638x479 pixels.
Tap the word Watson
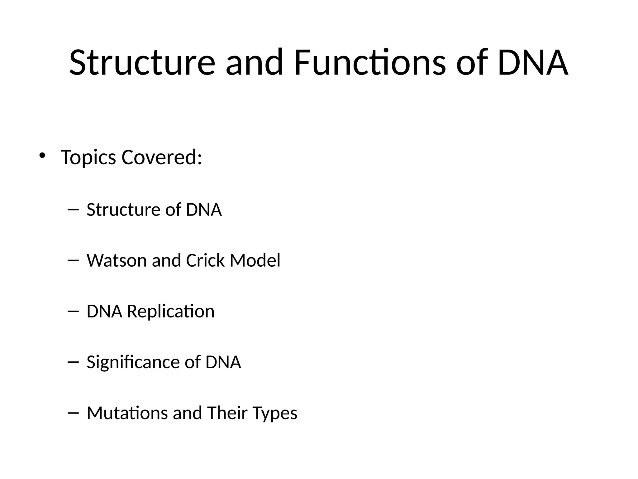(117, 260)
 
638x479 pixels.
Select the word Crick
(205, 260)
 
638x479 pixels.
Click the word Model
(255, 260)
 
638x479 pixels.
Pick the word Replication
(171, 312)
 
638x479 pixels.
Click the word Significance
(132, 362)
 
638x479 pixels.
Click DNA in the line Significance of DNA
(223, 362)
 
